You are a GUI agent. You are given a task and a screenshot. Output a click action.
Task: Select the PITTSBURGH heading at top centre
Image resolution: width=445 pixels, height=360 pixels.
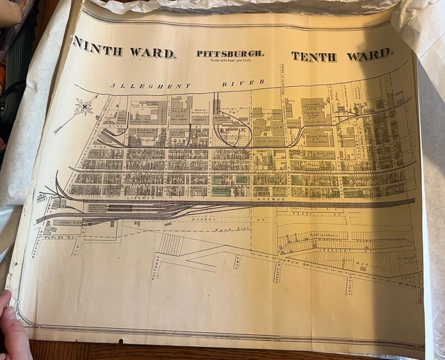click(x=229, y=53)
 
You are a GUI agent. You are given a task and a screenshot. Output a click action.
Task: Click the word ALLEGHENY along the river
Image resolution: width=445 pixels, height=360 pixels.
click(x=149, y=85)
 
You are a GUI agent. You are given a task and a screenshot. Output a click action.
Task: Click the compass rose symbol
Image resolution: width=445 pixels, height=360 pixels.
click(x=85, y=107)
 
